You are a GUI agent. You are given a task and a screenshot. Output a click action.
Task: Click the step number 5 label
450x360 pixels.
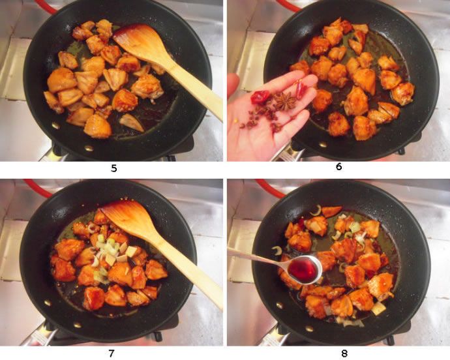click(x=114, y=168)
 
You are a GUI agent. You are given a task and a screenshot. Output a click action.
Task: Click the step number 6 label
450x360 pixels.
click(x=339, y=166)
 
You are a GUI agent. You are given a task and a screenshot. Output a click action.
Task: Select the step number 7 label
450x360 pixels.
click(x=112, y=353)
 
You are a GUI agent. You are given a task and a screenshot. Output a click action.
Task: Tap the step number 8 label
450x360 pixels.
click(x=344, y=353)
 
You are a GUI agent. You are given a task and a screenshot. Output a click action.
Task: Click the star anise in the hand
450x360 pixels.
click(x=285, y=101)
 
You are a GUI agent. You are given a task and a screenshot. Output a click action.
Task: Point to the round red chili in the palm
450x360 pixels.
click(x=260, y=97)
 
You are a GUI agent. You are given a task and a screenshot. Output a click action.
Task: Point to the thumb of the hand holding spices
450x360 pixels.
click(x=233, y=85)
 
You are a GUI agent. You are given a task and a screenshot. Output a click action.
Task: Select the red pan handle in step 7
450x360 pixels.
click(x=37, y=188)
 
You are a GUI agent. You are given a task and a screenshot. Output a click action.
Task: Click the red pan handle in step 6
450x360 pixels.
click(x=289, y=5)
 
